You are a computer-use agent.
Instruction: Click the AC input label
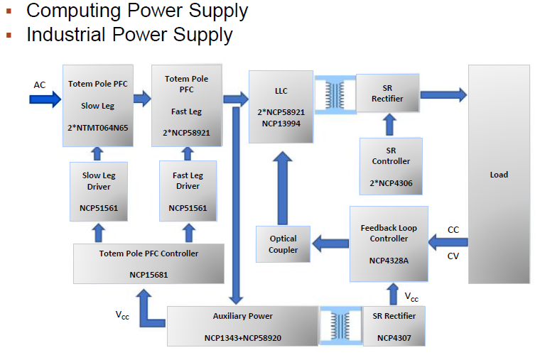coord(40,85)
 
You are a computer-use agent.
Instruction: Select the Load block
coord(499,174)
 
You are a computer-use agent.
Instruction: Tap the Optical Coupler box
coord(283,244)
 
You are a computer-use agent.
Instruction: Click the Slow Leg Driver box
coord(98,192)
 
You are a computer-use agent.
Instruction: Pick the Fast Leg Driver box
coord(188,192)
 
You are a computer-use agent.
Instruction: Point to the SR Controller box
coord(391,167)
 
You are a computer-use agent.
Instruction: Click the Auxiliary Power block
coord(242,326)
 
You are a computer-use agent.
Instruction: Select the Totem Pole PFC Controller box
coord(148,263)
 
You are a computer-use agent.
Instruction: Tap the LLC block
coord(281,106)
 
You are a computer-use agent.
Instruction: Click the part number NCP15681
coord(148,274)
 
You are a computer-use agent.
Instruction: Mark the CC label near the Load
coord(453,229)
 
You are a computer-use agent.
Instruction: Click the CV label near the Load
coord(453,257)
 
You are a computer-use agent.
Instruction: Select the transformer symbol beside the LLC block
coord(334,94)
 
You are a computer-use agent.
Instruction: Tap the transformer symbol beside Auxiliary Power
coord(340,326)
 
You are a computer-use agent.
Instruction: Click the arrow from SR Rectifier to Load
coord(443,94)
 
